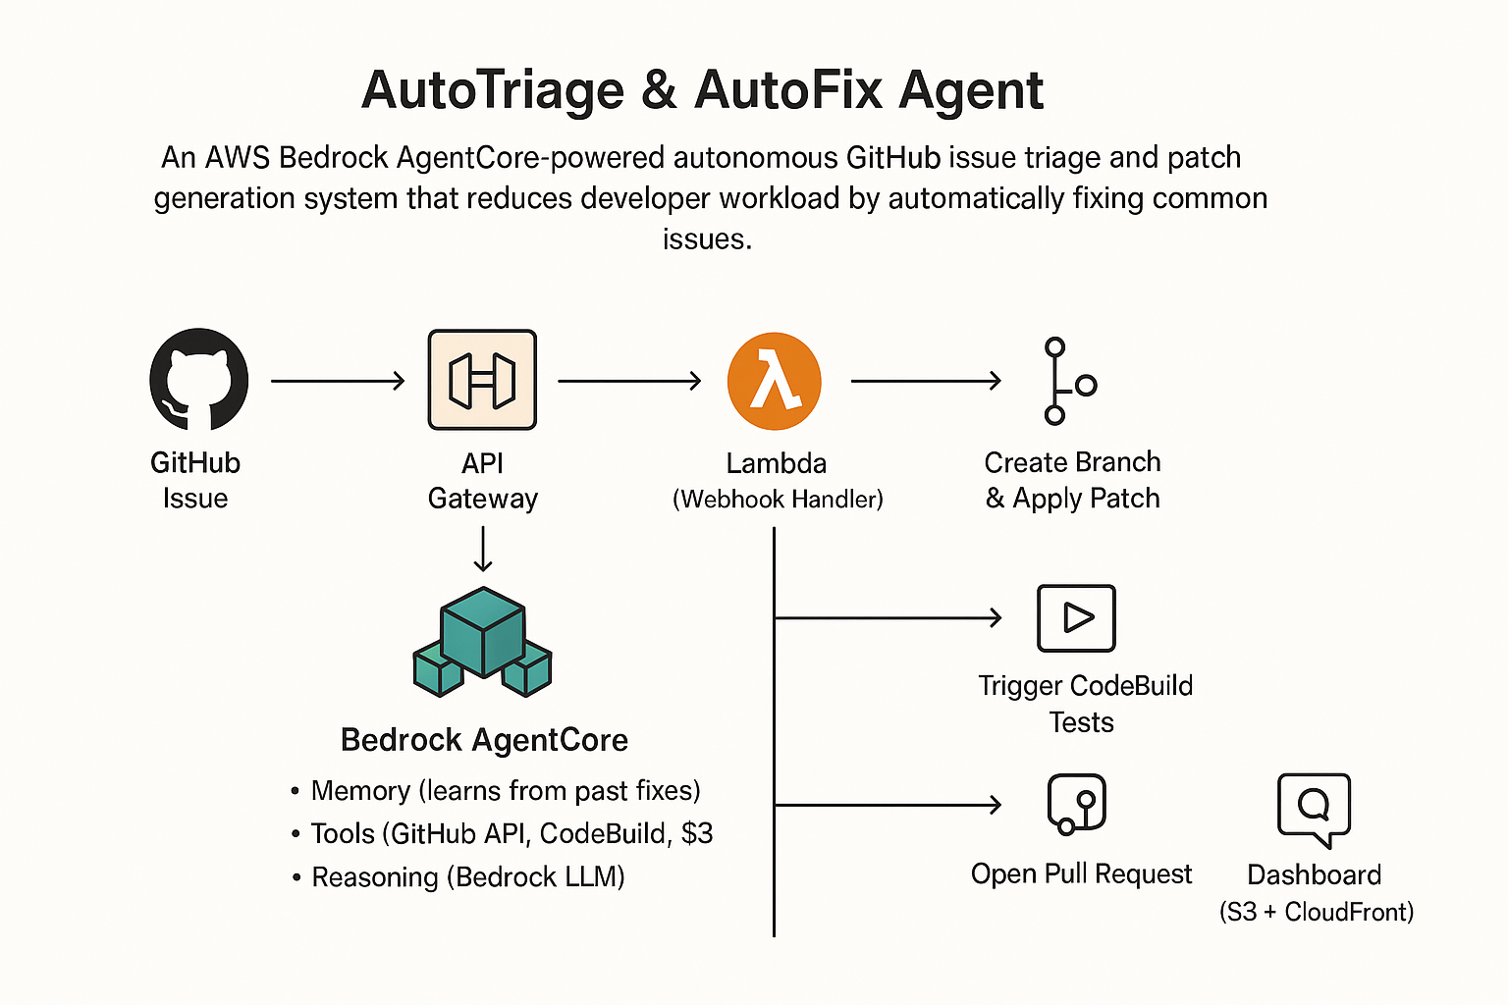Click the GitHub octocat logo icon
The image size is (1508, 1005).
198,379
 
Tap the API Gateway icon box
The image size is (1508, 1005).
482,380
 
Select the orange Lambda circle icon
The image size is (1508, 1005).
775,381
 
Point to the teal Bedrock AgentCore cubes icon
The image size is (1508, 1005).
483,642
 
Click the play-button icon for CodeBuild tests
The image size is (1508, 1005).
1076,618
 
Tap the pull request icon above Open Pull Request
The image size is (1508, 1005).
1077,804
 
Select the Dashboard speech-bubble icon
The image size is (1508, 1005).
1315,809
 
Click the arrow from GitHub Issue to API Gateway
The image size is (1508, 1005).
338,381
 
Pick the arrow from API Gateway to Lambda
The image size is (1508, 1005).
629,381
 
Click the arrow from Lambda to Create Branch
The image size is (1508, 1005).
927,381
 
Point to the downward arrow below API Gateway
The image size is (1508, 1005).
483,550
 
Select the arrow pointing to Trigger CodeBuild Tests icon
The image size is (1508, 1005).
888,617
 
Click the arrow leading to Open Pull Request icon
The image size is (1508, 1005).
888,805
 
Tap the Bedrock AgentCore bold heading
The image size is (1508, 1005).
484,740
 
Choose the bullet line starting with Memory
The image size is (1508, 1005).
496,791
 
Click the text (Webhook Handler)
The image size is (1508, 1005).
778,500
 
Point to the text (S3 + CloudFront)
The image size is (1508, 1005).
1317,912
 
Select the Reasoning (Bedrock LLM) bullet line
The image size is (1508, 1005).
458,877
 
